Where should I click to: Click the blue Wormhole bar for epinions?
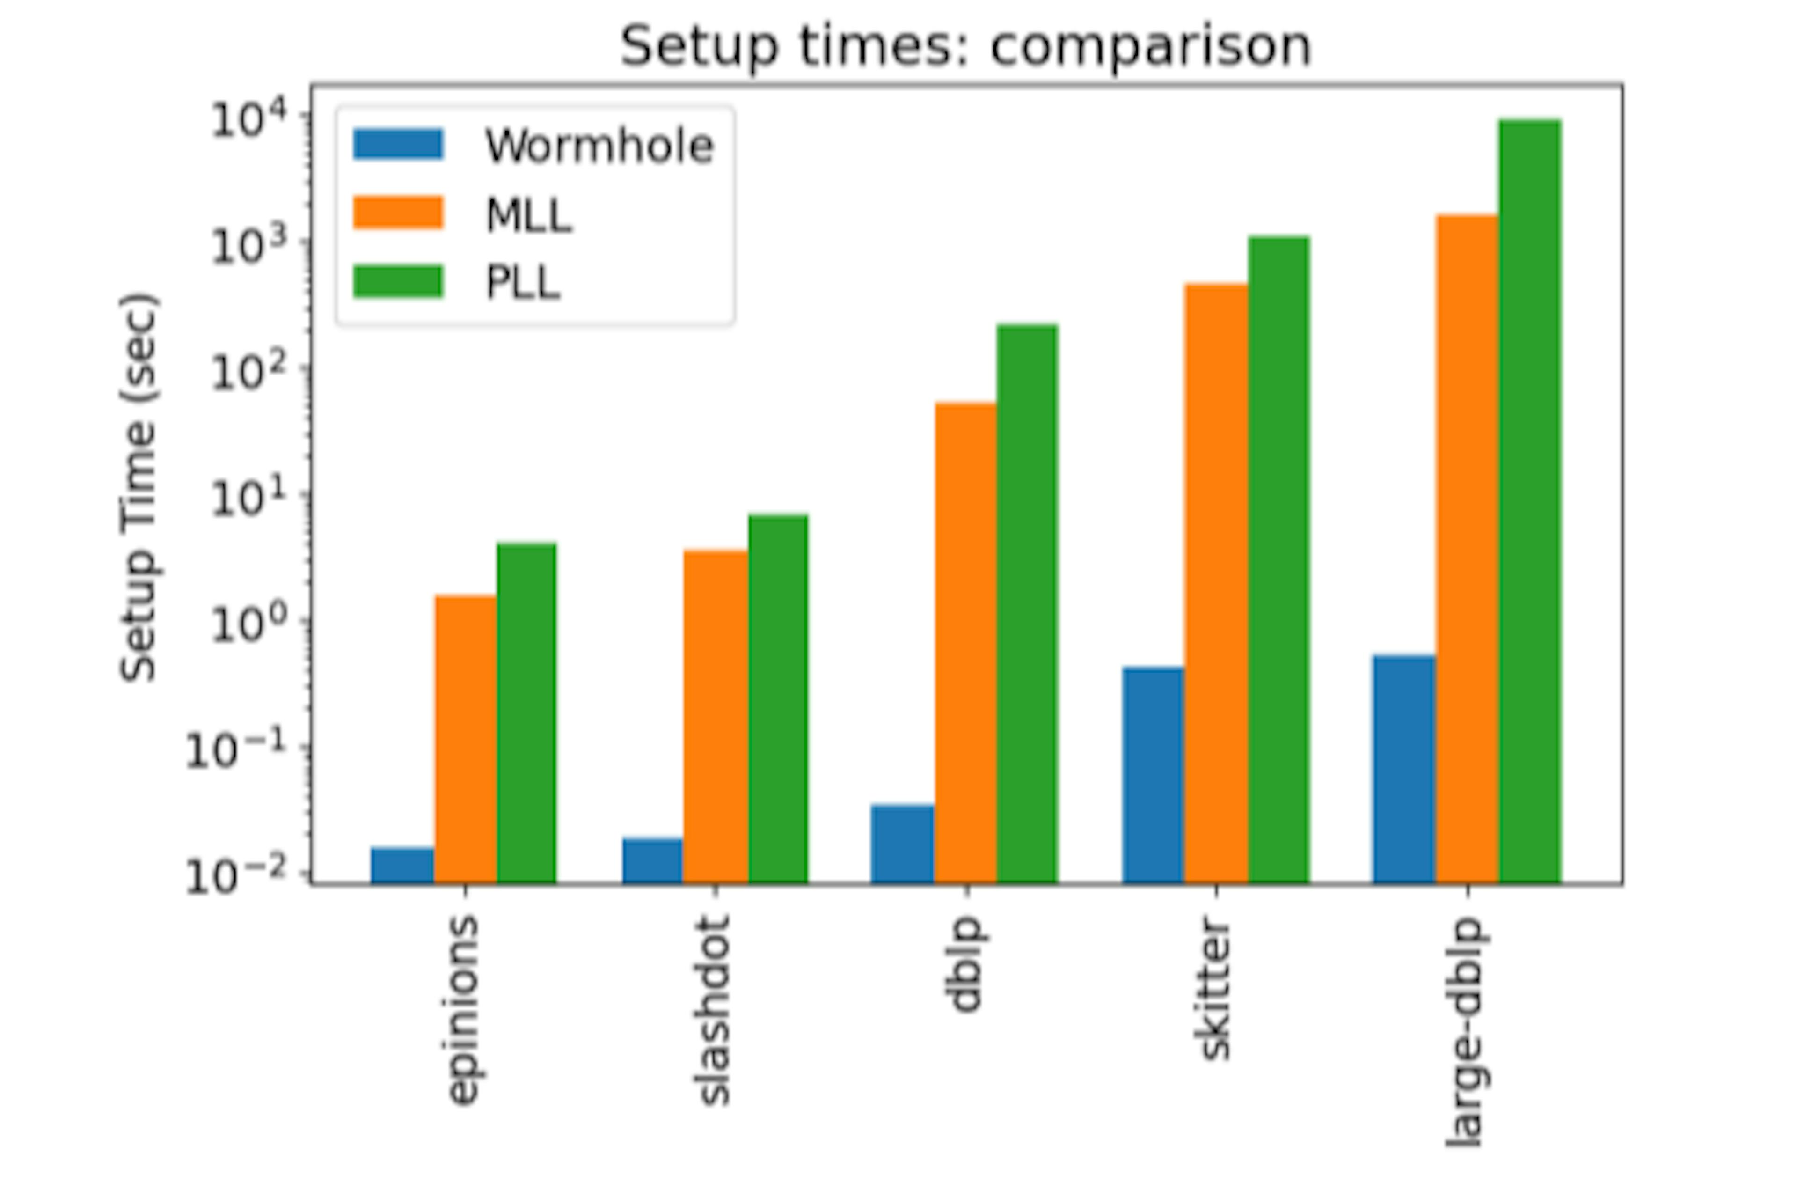[x=402, y=865]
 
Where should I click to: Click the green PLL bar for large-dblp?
[x=1529, y=501]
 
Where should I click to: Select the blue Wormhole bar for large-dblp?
[x=1403, y=769]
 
